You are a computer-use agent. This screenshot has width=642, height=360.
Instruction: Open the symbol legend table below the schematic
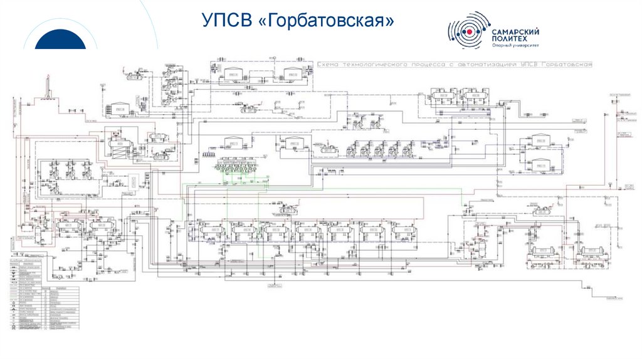42,292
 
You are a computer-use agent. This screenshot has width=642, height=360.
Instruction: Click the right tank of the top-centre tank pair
292,74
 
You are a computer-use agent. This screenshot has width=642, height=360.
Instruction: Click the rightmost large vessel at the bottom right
590,253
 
